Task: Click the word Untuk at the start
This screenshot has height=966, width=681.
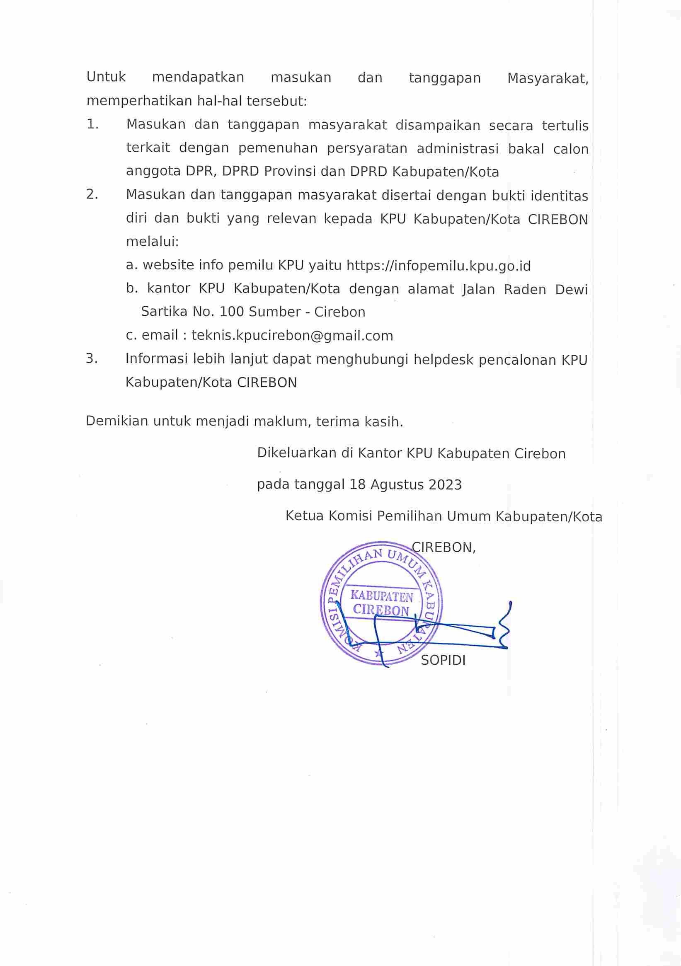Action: click(x=106, y=77)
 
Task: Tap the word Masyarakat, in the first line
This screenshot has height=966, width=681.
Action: click(x=548, y=79)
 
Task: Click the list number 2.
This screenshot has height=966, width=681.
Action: click(x=92, y=194)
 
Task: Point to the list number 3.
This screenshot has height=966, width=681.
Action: click(x=92, y=358)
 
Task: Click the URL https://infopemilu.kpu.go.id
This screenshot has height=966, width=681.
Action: click(x=438, y=266)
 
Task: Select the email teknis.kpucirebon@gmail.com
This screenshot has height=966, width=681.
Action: click(x=292, y=335)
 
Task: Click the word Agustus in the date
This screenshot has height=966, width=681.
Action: click(x=397, y=485)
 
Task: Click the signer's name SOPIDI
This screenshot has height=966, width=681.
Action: click(x=443, y=660)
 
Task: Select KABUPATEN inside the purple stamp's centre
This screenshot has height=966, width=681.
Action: click(x=382, y=596)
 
